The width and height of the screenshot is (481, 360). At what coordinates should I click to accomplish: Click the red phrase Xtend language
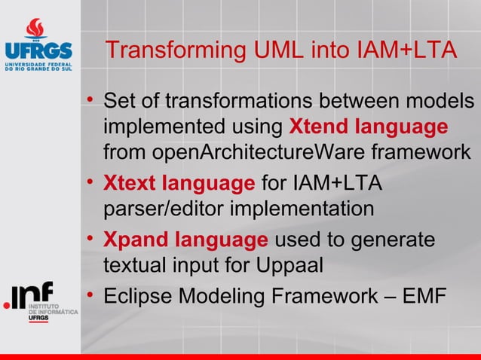click(369, 126)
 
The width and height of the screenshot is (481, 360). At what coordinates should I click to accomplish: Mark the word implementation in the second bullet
click(299, 209)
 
